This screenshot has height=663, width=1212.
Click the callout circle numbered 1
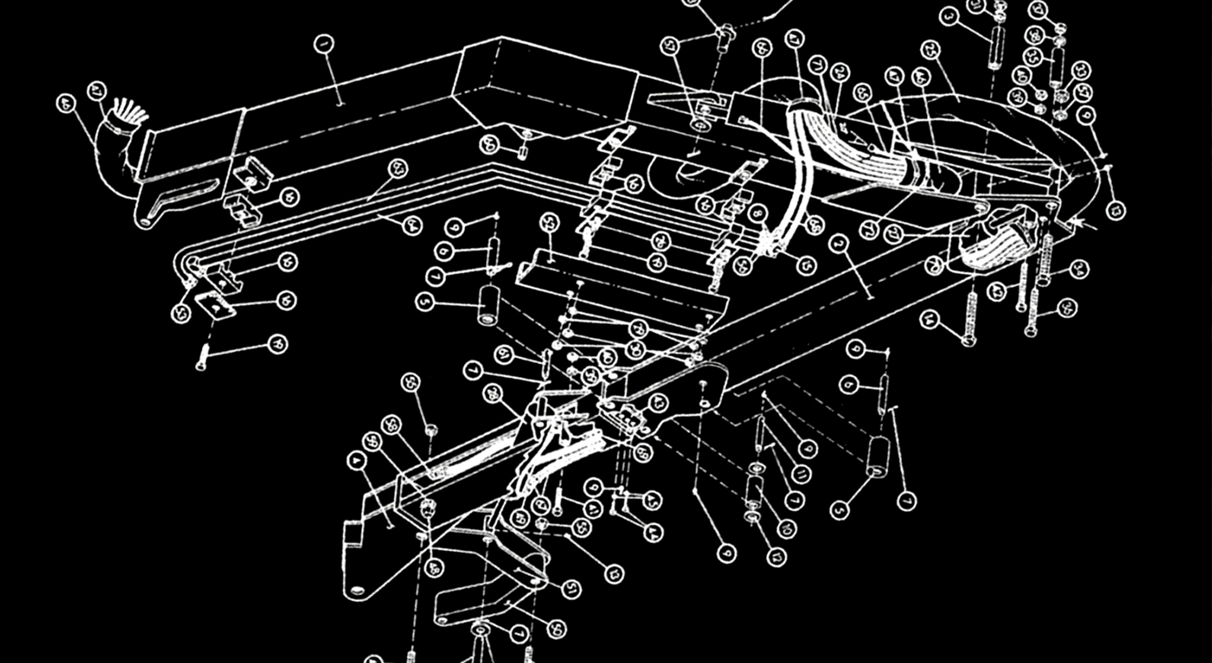click(324, 44)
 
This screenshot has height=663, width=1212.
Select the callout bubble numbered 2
click(838, 244)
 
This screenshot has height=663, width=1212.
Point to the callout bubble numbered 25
click(931, 50)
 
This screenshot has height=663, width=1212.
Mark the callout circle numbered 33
click(1081, 71)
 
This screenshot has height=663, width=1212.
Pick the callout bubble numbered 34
click(1079, 269)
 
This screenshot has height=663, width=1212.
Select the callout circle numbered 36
click(1068, 308)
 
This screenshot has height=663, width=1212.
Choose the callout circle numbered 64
click(412, 226)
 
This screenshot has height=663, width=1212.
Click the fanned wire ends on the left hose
click(132, 112)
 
